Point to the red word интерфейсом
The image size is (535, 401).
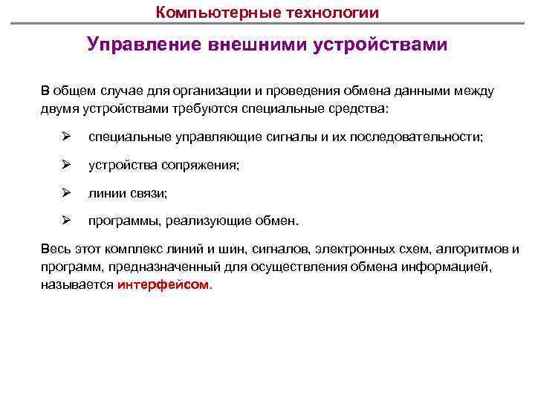[x=163, y=284]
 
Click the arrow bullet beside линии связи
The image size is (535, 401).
[x=65, y=192]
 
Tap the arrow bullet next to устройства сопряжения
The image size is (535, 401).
[x=65, y=165]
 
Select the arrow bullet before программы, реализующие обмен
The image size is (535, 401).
[x=65, y=221]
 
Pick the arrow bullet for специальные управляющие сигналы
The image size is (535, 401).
[x=65, y=137]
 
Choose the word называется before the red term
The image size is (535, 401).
[x=77, y=284]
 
